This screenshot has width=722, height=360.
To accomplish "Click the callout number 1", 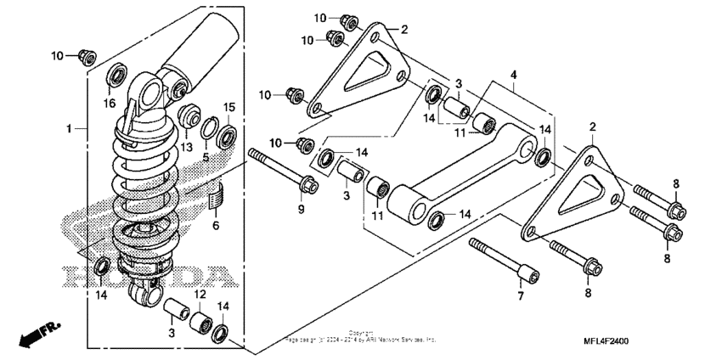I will [69, 128].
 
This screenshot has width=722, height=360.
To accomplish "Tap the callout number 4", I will [512, 75].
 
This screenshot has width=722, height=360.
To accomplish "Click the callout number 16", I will [109, 103].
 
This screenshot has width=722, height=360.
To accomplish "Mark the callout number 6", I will [215, 225].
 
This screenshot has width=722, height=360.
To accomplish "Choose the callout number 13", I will [185, 146].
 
